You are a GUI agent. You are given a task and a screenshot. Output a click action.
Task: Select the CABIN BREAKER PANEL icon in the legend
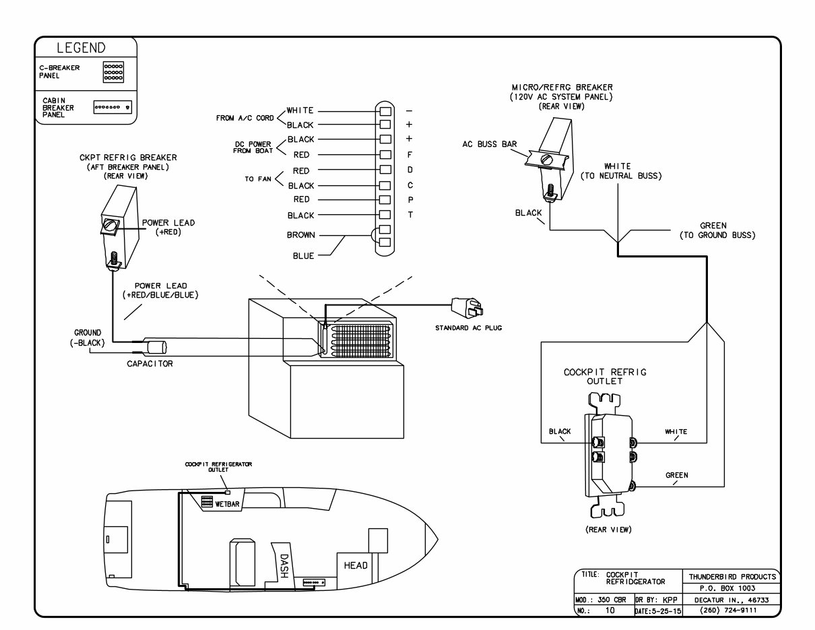click(112, 107)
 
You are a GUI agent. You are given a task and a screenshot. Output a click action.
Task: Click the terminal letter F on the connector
click(410, 155)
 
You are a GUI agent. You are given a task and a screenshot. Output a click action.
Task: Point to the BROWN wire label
click(300, 235)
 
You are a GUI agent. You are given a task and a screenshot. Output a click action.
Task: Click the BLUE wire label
click(304, 256)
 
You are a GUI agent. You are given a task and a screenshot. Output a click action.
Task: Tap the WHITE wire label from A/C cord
click(300, 110)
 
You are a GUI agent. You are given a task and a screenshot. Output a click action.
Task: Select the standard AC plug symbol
click(469, 309)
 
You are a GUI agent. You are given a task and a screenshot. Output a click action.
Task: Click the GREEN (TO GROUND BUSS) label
click(717, 230)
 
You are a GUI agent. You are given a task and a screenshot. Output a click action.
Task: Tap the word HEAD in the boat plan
click(356, 565)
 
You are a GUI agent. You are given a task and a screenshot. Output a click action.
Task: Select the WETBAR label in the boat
click(228, 503)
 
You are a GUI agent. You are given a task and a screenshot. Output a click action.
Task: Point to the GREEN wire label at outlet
click(676, 475)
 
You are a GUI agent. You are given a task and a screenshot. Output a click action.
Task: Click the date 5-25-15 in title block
click(657, 610)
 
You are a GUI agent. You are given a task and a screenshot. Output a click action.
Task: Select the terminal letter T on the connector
click(410, 214)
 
